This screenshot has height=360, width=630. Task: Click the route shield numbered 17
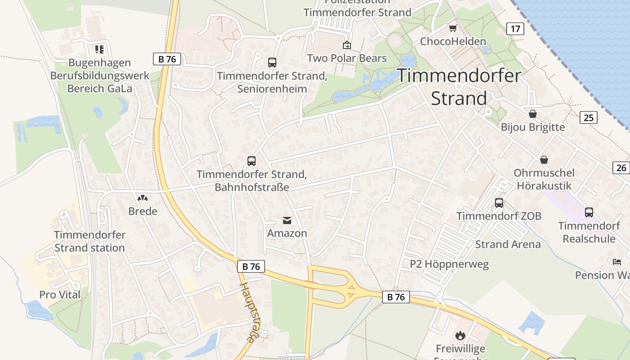(x=515, y=29)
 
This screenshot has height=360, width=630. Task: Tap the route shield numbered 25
(x=588, y=118)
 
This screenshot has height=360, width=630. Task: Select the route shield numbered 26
(x=621, y=168)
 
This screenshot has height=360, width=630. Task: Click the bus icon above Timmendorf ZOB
(x=499, y=203)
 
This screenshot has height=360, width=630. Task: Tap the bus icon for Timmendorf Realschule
(x=589, y=212)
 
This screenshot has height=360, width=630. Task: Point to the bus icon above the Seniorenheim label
(x=272, y=63)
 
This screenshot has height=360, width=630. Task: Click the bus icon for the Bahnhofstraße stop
(x=252, y=161)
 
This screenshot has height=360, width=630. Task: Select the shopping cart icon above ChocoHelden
(x=453, y=28)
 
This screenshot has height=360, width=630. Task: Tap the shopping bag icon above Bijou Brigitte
(x=533, y=114)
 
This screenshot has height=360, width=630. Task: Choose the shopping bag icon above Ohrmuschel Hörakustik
(x=544, y=160)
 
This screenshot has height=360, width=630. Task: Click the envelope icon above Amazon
(x=287, y=220)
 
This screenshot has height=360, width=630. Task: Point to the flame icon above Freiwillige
(x=460, y=335)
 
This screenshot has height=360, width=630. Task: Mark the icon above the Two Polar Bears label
(x=346, y=45)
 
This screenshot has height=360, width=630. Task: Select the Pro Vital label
(x=60, y=295)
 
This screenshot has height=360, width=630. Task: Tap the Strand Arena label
(x=508, y=244)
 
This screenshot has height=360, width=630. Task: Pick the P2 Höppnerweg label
(x=450, y=264)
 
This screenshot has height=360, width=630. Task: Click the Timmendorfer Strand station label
(x=90, y=241)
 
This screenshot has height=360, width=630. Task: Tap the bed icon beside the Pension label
(x=616, y=262)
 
